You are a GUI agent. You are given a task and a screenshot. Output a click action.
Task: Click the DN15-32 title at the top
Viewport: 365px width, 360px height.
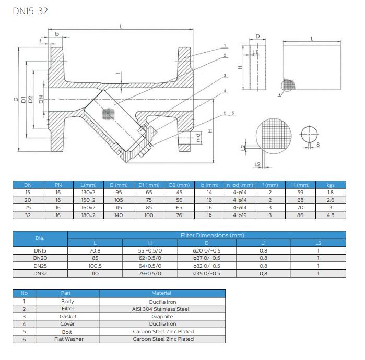(x=30, y=11)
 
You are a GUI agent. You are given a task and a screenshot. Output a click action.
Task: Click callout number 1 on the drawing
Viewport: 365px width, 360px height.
(x=225, y=46)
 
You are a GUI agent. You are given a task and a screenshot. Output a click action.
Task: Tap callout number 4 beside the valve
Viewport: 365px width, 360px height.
(x=225, y=91)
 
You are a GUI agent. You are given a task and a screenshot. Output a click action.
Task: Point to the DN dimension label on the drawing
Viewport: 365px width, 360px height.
(x=41, y=100)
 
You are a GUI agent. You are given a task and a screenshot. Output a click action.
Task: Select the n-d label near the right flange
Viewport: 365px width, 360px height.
(x=198, y=137)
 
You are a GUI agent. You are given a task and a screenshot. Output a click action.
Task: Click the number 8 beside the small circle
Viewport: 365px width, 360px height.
(x=318, y=145)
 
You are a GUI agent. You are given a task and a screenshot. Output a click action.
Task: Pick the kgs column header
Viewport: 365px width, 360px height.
(x=331, y=185)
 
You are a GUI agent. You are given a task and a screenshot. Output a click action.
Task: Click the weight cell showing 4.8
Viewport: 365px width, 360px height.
(x=331, y=215)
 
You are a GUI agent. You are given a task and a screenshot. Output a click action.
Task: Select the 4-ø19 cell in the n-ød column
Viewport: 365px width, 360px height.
(x=240, y=215)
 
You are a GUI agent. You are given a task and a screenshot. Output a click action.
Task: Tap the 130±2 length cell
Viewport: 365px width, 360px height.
(x=88, y=193)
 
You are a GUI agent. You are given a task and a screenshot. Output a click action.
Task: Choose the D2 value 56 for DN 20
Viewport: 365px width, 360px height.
(x=179, y=200)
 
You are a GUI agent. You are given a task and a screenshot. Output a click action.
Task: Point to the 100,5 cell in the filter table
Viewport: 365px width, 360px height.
(x=95, y=266)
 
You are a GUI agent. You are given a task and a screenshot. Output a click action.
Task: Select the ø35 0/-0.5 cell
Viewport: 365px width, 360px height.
(x=207, y=273)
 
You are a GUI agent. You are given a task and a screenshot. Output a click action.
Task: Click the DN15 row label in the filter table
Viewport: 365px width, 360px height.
(x=40, y=251)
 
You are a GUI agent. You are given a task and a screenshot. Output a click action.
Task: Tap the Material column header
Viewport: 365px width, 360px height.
(x=161, y=293)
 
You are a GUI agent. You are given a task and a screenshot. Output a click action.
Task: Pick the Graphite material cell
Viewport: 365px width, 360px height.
(x=162, y=317)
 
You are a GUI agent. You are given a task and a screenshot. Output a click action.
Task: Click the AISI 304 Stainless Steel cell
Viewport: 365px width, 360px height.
(x=161, y=309)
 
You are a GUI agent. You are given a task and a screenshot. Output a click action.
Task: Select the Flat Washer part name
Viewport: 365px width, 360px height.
(x=69, y=339)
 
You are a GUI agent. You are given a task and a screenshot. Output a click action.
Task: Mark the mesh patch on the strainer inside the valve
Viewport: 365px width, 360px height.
(x=109, y=114)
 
